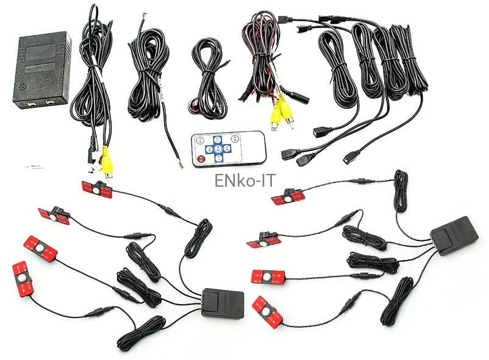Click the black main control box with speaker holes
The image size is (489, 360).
coord(41,70)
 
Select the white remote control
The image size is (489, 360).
coord(228,148)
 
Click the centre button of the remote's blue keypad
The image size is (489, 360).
coord(218,148)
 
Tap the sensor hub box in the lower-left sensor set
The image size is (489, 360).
coord(223,303)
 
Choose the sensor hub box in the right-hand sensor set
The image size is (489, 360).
coord(454,235)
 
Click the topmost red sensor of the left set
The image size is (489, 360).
coord(97,190)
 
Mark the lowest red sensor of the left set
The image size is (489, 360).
coord(23,279)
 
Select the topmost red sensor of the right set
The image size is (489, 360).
coord(288,196)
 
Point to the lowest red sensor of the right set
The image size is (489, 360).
coord(268,311)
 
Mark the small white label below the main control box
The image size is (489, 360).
coord(30,165)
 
